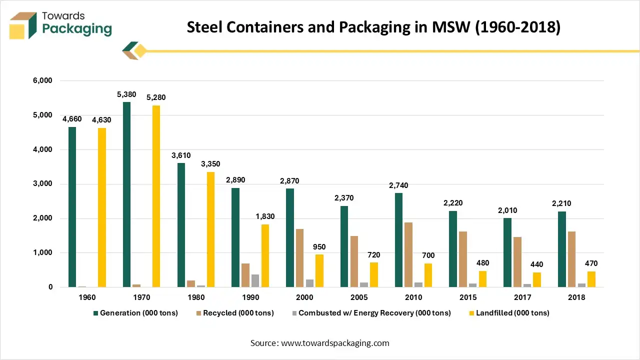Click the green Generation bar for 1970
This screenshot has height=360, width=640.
coord(127,194)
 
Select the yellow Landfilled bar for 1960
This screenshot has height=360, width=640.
coord(101,207)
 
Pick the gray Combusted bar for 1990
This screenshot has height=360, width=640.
coord(255,280)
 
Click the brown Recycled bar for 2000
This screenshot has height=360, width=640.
coord(300,258)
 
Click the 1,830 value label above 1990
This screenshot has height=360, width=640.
coord(264,216)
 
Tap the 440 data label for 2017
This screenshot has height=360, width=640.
coord(536,264)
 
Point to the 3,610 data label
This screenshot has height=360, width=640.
coord(180,155)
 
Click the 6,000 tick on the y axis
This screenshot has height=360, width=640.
coord(43,80)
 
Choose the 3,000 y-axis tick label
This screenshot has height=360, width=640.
coord(43,184)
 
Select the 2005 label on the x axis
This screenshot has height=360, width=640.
coord(359,297)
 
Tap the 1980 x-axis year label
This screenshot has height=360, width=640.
coord(196,297)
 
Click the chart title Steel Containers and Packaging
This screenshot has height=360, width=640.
coord(373,27)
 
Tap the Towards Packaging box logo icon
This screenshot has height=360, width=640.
coord(23,25)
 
